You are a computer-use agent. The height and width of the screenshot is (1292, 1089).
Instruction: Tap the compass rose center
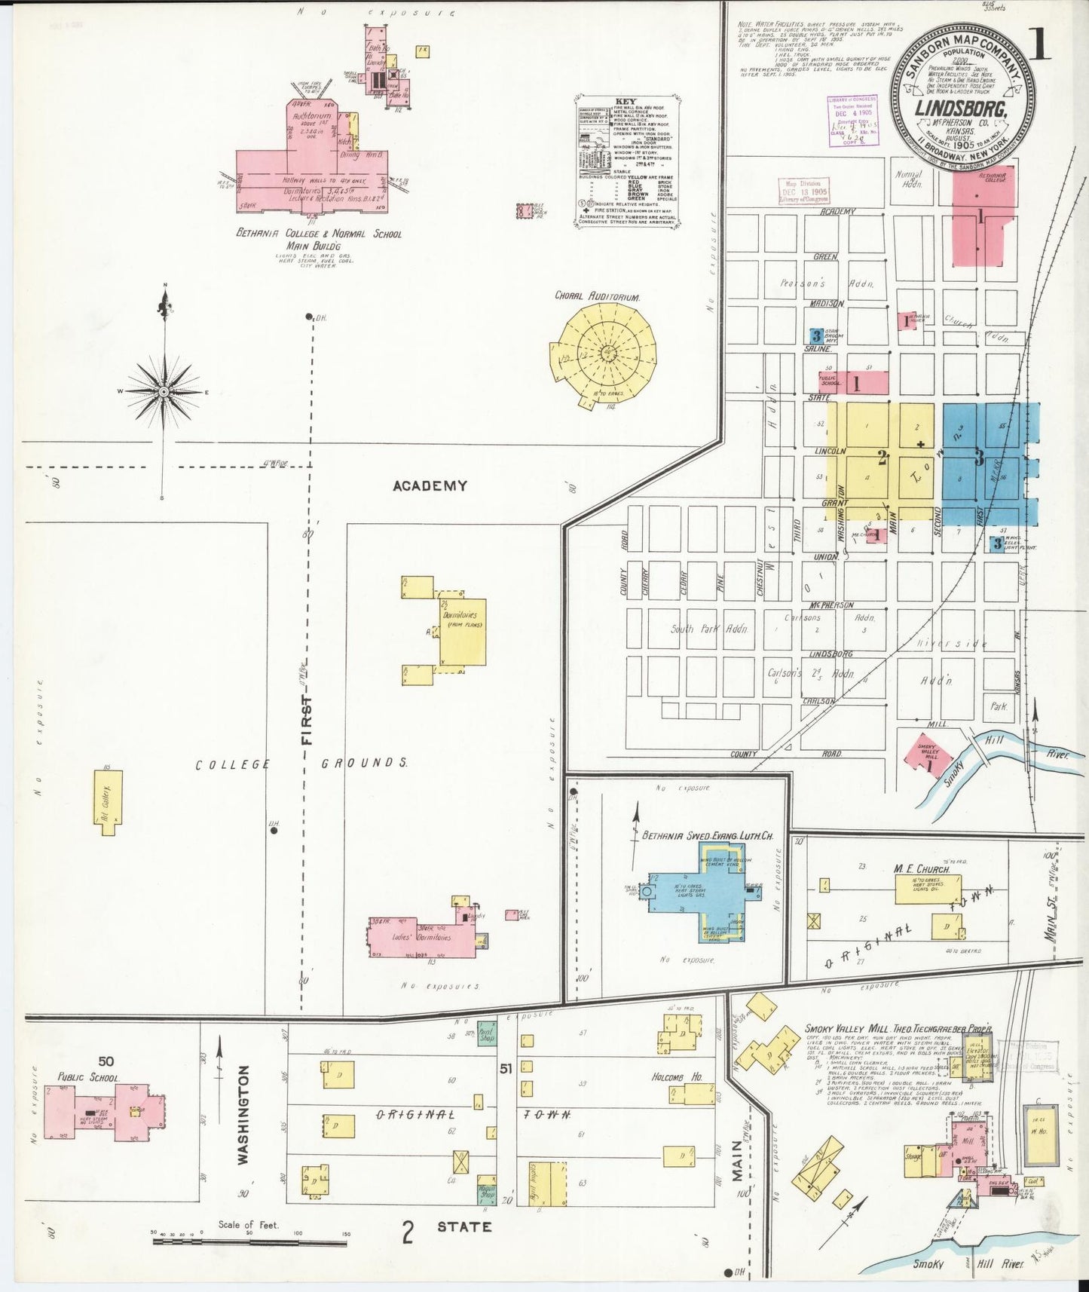163,392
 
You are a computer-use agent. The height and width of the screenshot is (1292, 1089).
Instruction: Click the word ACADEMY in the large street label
430,486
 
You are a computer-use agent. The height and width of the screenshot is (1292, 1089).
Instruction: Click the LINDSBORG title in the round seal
962,108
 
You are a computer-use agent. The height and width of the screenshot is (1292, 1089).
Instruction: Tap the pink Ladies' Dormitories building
422,937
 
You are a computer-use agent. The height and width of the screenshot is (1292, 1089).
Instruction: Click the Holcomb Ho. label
677,1077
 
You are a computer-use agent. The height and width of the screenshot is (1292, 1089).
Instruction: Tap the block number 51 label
506,1068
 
